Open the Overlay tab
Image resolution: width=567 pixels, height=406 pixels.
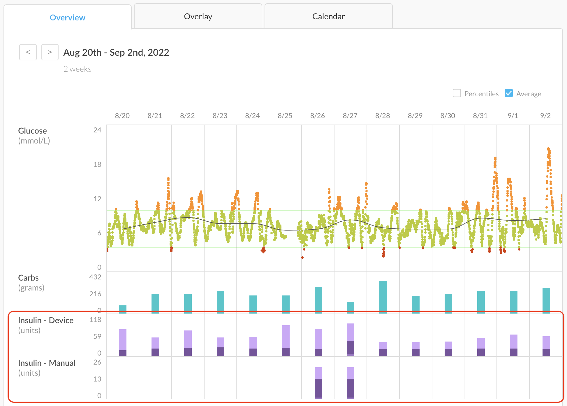(x=198, y=17)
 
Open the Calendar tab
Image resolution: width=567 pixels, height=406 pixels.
(x=328, y=17)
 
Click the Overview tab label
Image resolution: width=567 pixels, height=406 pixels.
(x=68, y=17)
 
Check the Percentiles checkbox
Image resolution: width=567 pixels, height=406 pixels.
(x=457, y=93)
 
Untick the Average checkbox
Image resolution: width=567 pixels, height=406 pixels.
(x=509, y=93)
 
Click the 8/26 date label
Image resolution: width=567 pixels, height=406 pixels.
(x=317, y=116)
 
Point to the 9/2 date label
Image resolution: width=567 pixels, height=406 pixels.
(x=545, y=116)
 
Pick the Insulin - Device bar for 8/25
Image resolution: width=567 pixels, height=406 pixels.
(x=286, y=340)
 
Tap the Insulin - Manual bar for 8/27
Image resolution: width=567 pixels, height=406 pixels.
(x=351, y=383)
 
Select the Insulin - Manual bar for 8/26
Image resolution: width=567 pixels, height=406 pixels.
(x=318, y=383)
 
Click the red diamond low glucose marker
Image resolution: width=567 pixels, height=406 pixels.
(x=263, y=250)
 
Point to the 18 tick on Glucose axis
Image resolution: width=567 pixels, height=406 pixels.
(x=97, y=164)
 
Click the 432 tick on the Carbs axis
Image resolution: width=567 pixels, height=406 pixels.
(x=95, y=277)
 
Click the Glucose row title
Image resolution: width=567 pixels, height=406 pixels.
(x=32, y=131)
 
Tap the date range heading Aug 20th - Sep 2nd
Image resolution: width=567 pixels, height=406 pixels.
(x=116, y=52)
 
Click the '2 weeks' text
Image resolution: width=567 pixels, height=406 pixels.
(x=77, y=69)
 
